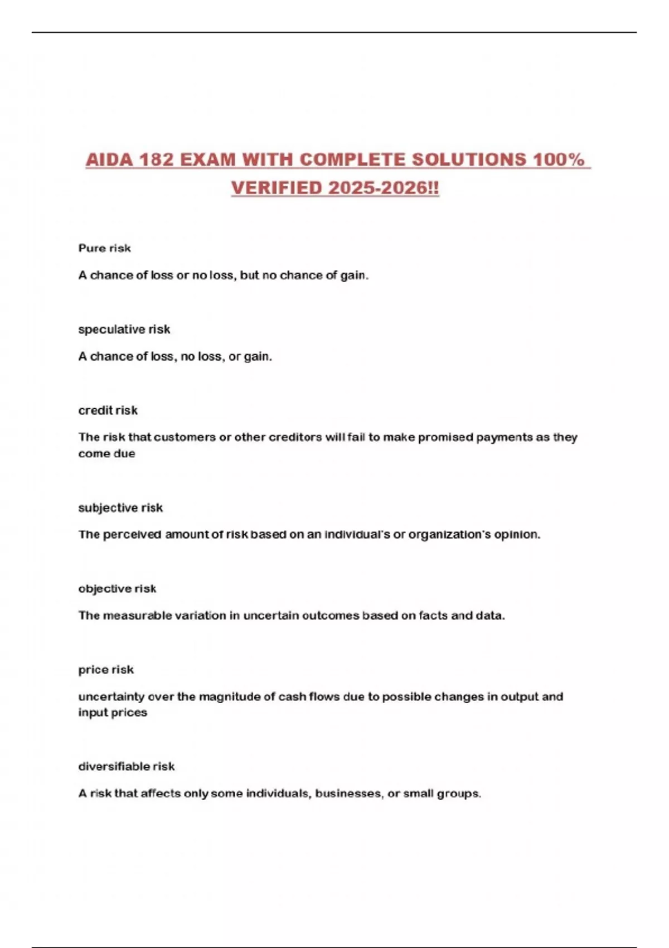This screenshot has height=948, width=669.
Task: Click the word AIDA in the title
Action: click(109, 160)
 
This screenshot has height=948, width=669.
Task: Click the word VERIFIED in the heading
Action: click(277, 188)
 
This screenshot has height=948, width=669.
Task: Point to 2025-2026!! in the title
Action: click(384, 188)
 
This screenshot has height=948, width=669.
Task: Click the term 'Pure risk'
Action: click(104, 248)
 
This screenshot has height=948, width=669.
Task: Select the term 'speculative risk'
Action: click(124, 330)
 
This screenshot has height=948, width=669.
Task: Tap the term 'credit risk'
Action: click(108, 410)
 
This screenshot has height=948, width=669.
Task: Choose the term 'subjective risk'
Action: click(120, 508)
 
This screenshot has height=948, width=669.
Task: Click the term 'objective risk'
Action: click(117, 589)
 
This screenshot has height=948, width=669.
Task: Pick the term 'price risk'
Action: click(106, 670)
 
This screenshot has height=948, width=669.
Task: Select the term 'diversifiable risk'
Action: click(126, 767)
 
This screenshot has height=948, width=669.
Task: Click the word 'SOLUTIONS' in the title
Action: click(469, 160)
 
